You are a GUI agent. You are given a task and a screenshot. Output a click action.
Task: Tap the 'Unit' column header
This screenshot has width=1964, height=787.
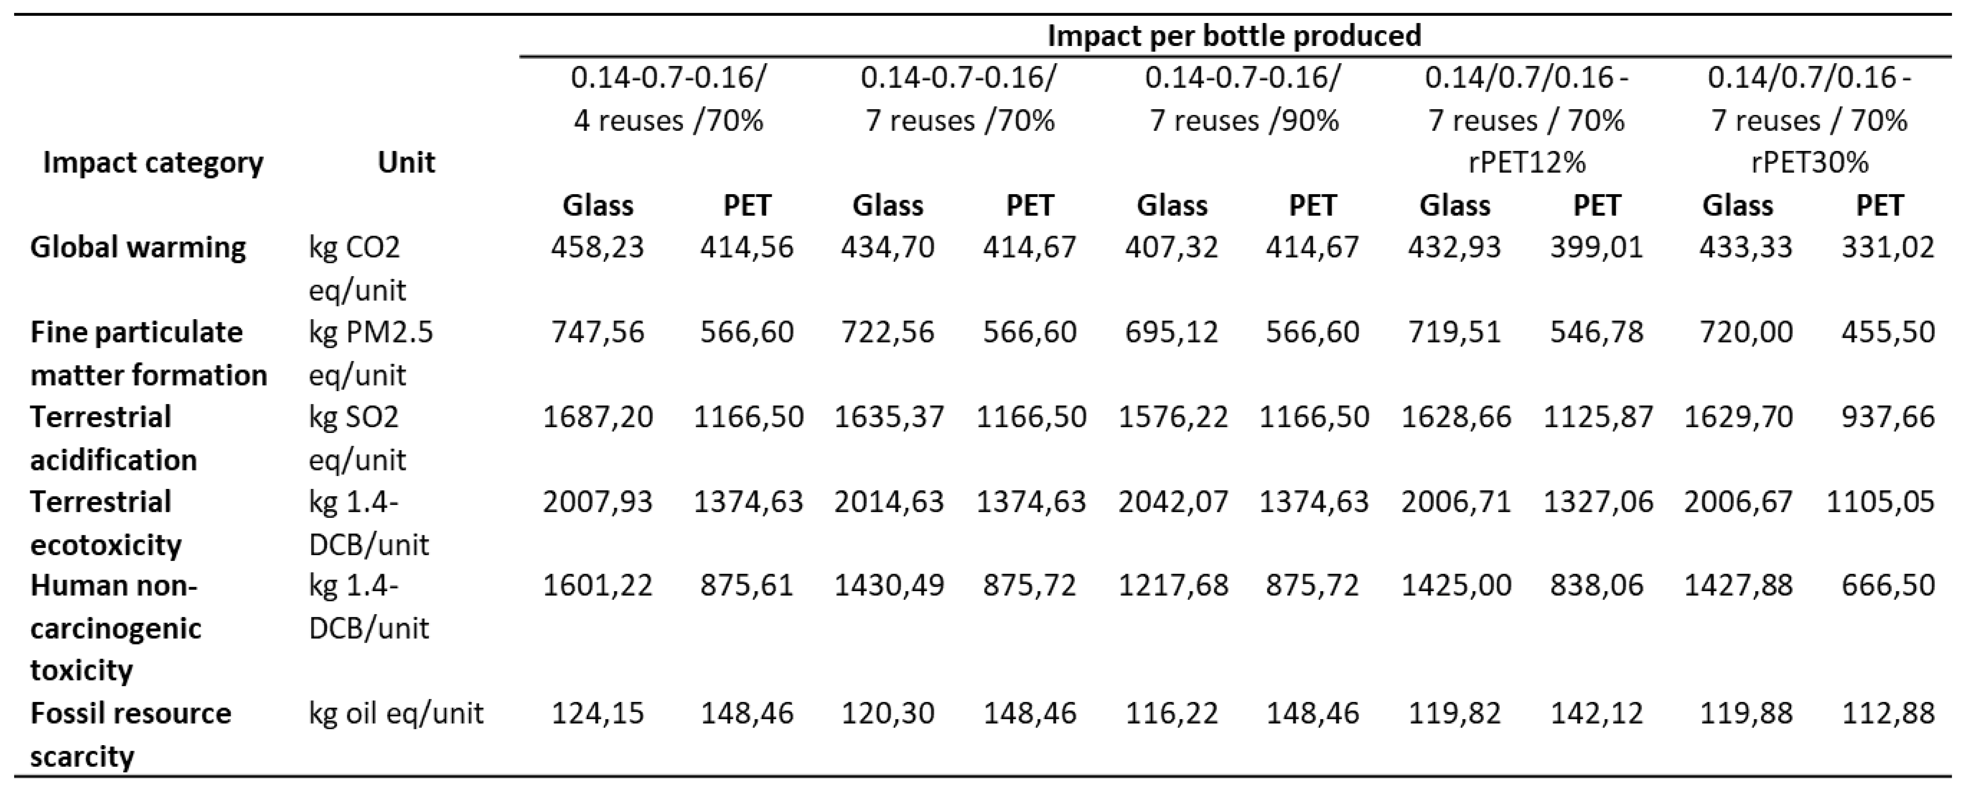click(406, 162)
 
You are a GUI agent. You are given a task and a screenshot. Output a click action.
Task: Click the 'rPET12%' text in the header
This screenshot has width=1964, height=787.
click(1526, 162)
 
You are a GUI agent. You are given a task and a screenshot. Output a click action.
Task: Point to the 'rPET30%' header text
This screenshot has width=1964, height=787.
click(1809, 162)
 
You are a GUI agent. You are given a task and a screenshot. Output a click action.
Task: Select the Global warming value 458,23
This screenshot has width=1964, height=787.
click(598, 247)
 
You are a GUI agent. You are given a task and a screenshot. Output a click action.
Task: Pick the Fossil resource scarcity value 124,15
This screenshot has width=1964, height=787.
click(598, 713)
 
